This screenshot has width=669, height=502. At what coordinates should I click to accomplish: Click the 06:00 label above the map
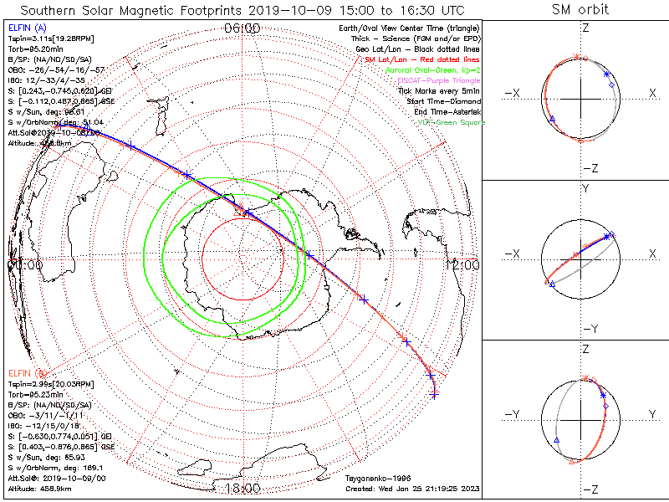pos(243,28)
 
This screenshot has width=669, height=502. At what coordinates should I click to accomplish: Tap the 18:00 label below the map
pos(243,489)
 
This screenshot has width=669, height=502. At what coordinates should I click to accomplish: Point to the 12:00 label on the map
pos(465,265)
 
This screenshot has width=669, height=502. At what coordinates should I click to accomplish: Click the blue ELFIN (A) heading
pos(27,28)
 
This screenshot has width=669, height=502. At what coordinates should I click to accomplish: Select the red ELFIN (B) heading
pos(27,371)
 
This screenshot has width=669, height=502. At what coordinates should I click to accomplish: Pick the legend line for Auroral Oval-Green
pos(433,71)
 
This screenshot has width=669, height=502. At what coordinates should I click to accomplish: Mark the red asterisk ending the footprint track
pos(434,392)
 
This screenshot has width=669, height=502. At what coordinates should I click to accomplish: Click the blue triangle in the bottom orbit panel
pos(556,439)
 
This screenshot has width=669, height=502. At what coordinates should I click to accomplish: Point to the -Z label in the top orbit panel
pos(589,167)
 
